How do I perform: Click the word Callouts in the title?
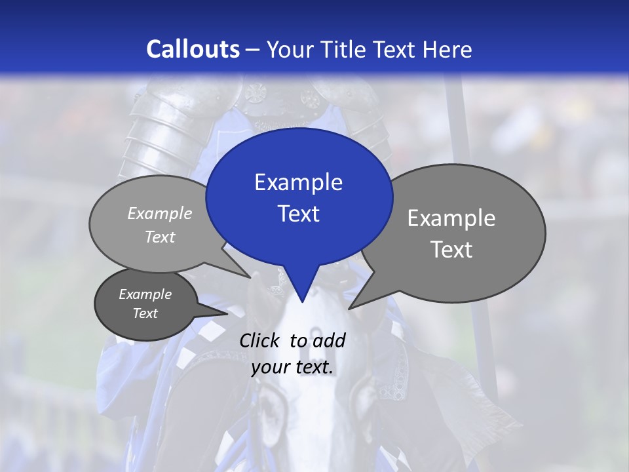point(193,49)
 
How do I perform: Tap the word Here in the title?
point(448,49)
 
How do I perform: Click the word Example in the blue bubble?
point(298,182)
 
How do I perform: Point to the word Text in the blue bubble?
point(298,214)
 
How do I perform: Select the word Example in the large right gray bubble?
point(451,218)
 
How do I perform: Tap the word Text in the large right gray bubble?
point(451,250)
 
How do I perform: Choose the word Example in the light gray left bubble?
point(160,213)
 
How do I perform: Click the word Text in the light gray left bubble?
point(160,237)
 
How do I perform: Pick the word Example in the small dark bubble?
point(145,294)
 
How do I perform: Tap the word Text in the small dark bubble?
point(145,313)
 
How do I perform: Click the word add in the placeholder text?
point(328,340)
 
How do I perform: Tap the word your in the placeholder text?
point(269,367)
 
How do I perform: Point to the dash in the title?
point(254,50)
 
